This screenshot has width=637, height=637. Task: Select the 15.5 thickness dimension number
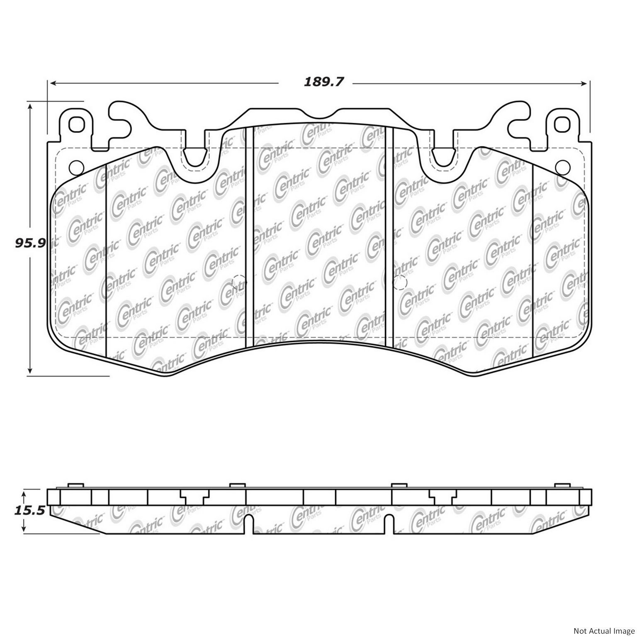tap(30, 511)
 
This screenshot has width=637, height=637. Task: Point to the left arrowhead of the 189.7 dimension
tap(53, 83)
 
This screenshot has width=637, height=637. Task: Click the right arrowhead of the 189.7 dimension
tap(584, 83)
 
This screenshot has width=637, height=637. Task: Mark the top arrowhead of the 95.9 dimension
tap(30, 107)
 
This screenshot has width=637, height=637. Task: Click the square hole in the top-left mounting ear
tap(76, 124)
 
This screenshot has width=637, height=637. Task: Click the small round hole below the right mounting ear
tap(562, 167)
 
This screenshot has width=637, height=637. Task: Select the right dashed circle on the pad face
tap(400, 282)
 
